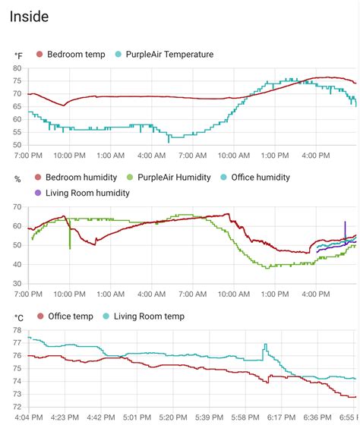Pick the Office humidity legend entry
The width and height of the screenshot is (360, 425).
point(258,178)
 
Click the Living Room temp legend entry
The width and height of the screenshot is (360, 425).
point(148,316)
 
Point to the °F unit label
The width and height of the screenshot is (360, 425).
point(18,55)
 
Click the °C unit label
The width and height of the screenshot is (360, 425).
point(18,316)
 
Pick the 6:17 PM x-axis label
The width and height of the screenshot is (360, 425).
point(281,417)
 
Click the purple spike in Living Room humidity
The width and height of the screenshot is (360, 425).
point(345,225)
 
